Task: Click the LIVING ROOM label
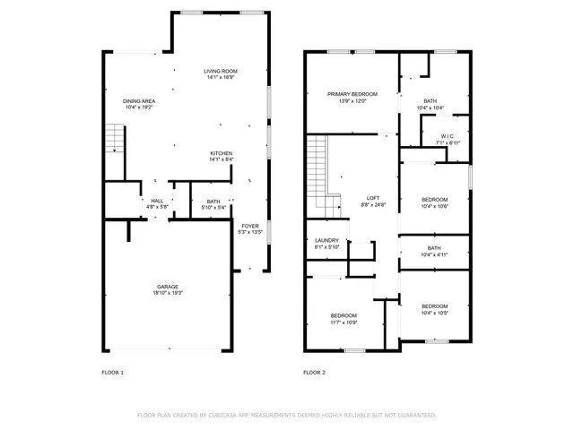click(x=220, y=71)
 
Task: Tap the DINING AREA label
click(x=139, y=100)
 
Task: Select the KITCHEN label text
click(x=222, y=153)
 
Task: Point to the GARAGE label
click(x=168, y=287)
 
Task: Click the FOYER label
click(x=248, y=226)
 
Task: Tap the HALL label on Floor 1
click(x=157, y=201)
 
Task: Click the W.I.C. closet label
click(x=448, y=136)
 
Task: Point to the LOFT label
click(x=373, y=198)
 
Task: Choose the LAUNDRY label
click(x=326, y=240)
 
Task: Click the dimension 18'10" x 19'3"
click(x=168, y=293)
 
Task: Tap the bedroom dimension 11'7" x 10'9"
click(x=344, y=322)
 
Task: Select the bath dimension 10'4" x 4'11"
click(x=434, y=254)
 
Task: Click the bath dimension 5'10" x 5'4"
click(x=213, y=207)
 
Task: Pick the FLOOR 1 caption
click(x=112, y=372)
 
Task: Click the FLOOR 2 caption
click(x=314, y=372)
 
